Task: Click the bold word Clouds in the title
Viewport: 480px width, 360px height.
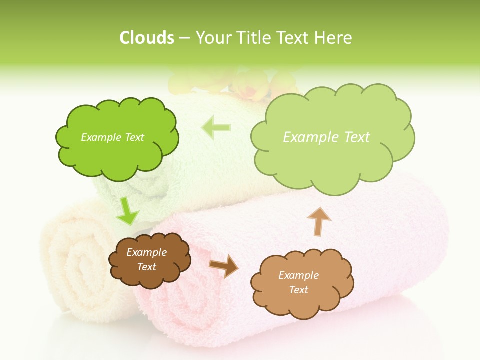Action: pos(146,38)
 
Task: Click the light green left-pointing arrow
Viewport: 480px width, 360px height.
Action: pos(216,128)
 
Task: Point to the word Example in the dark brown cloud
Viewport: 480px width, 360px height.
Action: pos(146,252)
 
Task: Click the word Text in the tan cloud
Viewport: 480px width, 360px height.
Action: pos(299,290)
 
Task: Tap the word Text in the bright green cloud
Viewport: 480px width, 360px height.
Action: pos(133,137)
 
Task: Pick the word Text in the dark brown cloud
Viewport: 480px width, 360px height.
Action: pos(146,267)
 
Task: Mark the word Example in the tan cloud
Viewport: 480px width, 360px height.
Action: pos(298,275)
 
